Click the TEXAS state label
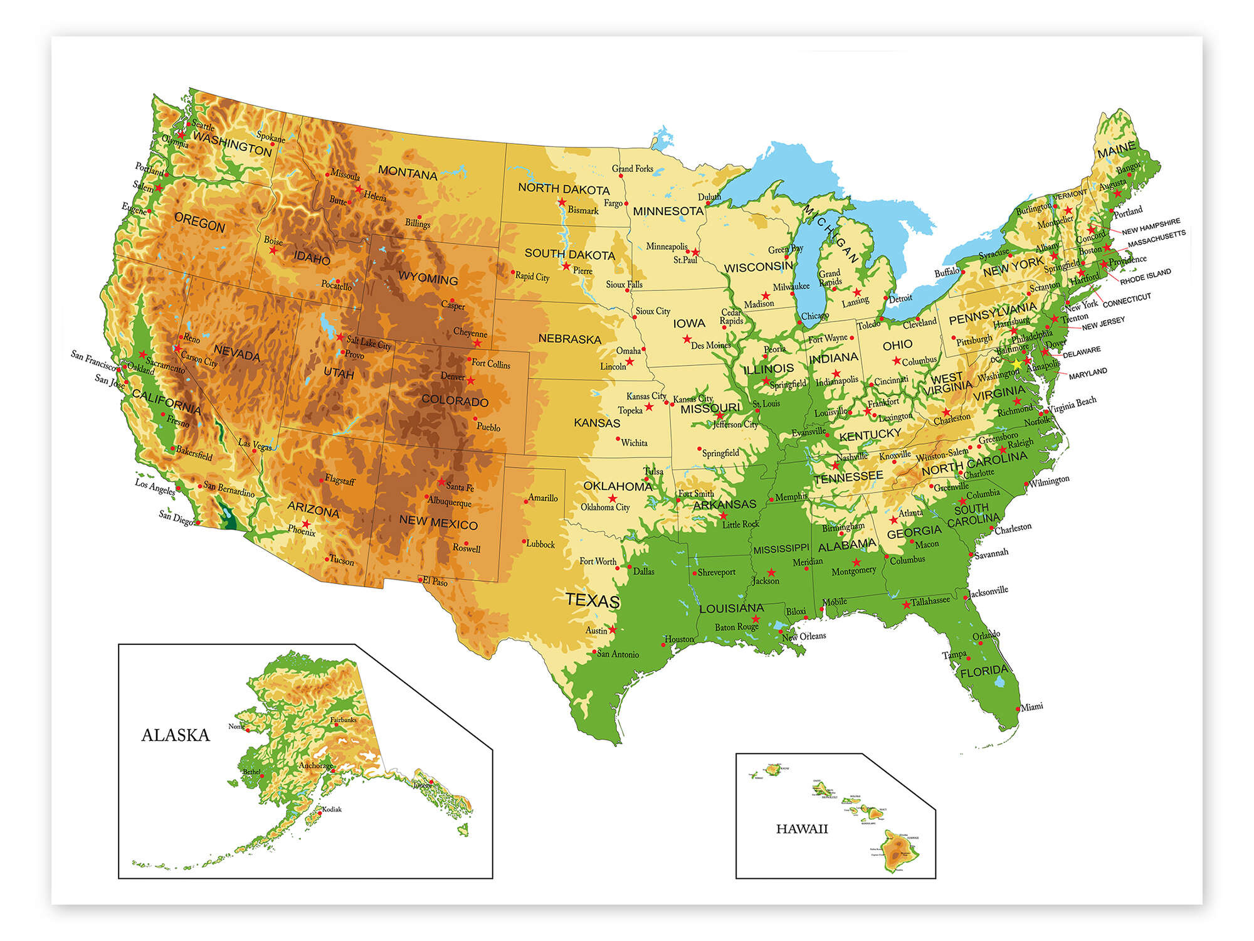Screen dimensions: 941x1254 point(593,600)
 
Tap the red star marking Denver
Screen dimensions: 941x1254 point(471,381)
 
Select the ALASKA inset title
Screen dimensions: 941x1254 point(176,735)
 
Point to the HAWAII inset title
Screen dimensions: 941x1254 point(802,829)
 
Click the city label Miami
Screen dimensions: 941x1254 point(1032,707)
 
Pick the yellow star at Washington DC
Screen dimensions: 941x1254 point(1017,364)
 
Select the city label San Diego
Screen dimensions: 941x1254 point(176,518)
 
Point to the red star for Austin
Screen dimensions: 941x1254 point(612,629)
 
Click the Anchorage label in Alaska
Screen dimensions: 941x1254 point(315,765)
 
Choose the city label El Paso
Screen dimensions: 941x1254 point(435,582)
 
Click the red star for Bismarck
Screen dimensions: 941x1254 point(562,203)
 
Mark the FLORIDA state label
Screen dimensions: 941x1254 point(984,671)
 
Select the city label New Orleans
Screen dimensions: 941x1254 point(804,636)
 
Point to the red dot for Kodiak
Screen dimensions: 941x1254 point(320,813)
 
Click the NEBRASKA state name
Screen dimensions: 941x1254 point(569,339)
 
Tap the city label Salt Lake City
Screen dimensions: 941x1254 point(369,343)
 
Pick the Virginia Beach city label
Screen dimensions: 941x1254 point(1072,405)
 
